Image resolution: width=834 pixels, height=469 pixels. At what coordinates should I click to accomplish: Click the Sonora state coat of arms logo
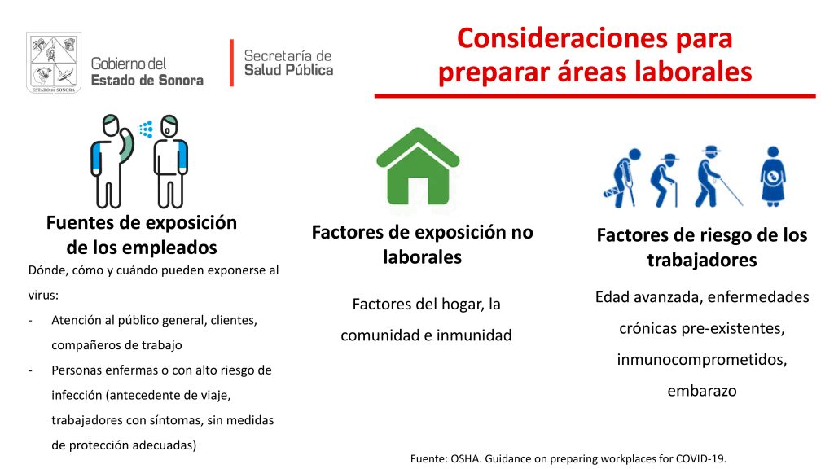tap(54, 63)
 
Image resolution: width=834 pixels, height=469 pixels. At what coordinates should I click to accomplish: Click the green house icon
tap(418, 166)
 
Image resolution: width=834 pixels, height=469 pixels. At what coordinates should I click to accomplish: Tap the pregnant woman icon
tap(773, 177)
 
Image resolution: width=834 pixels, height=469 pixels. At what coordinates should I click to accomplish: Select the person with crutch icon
tap(621, 178)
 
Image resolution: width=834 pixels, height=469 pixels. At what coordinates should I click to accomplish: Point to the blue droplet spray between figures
tap(145, 129)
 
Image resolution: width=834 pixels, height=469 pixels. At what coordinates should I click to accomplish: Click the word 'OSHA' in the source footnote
tap(464, 458)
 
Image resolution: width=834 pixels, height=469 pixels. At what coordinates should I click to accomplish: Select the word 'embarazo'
tap(702, 391)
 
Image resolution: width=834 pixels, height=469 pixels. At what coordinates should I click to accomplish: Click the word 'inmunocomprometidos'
tap(702, 360)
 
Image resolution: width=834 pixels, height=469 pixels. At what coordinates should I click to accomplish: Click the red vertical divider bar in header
tap(232, 62)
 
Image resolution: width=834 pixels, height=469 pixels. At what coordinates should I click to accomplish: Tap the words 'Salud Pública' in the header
tap(289, 70)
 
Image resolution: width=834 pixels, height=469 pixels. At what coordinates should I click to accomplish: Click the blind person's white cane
tap(731, 191)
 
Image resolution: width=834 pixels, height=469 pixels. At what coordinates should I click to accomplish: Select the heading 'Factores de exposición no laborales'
tap(423, 244)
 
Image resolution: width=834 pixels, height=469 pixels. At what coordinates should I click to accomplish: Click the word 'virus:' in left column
tap(44, 295)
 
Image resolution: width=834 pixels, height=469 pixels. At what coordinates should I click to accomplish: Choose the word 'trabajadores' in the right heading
tap(702, 261)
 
